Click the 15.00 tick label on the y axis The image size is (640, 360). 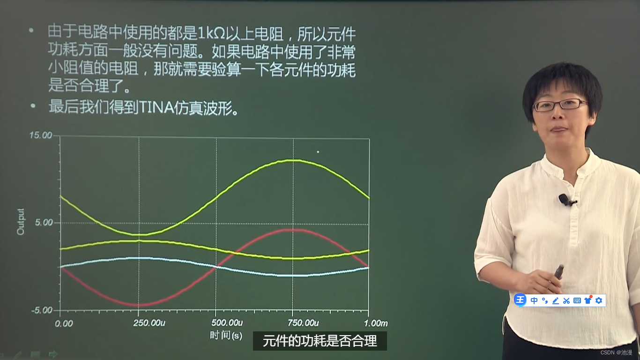(41, 135)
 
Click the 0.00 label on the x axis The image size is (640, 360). (64, 323)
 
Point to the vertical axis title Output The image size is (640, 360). (21, 222)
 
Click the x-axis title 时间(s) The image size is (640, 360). (226, 336)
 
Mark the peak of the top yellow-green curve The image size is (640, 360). (291, 160)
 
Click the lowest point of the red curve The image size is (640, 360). (138, 305)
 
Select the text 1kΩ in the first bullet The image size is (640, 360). (211, 33)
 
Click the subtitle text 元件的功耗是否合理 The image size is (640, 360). (320, 341)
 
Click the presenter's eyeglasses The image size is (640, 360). (560, 105)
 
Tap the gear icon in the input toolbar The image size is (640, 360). (598, 300)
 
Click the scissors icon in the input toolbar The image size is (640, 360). (566, 300)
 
